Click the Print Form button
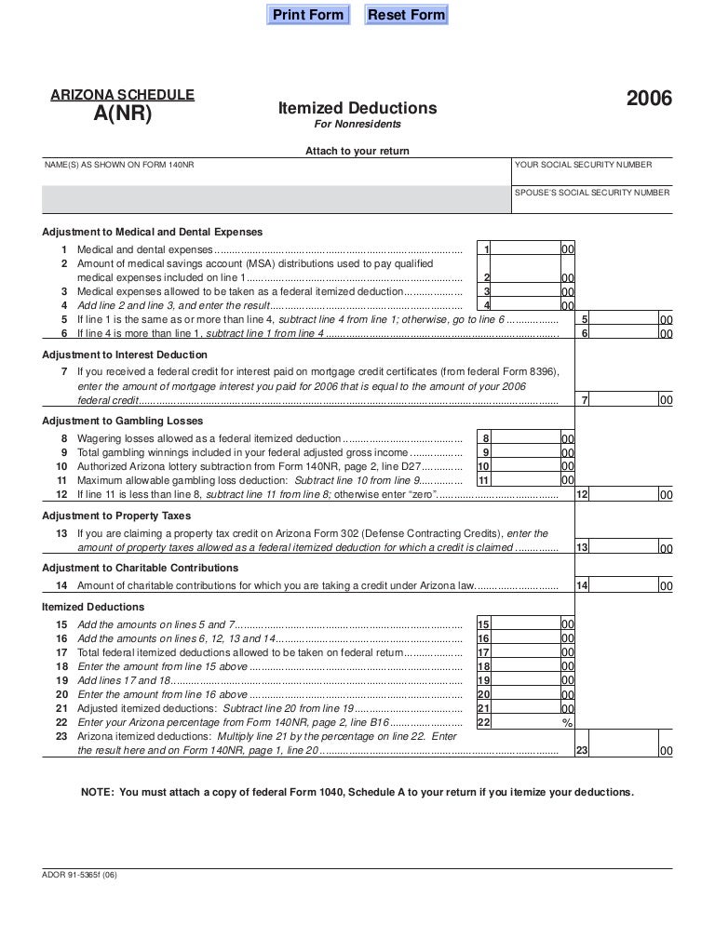307,15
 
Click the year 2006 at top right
649,100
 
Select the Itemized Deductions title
357,109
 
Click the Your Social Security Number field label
584,165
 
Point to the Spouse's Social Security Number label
592,193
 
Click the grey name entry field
276,198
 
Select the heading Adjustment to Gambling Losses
125,420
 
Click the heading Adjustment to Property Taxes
117,516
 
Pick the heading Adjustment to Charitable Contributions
136,567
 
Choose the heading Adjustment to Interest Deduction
126,355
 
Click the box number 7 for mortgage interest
584,400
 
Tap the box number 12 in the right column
582,495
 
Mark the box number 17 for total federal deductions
483,653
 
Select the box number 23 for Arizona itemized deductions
582,750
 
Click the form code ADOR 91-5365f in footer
79,875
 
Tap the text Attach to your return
357,151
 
